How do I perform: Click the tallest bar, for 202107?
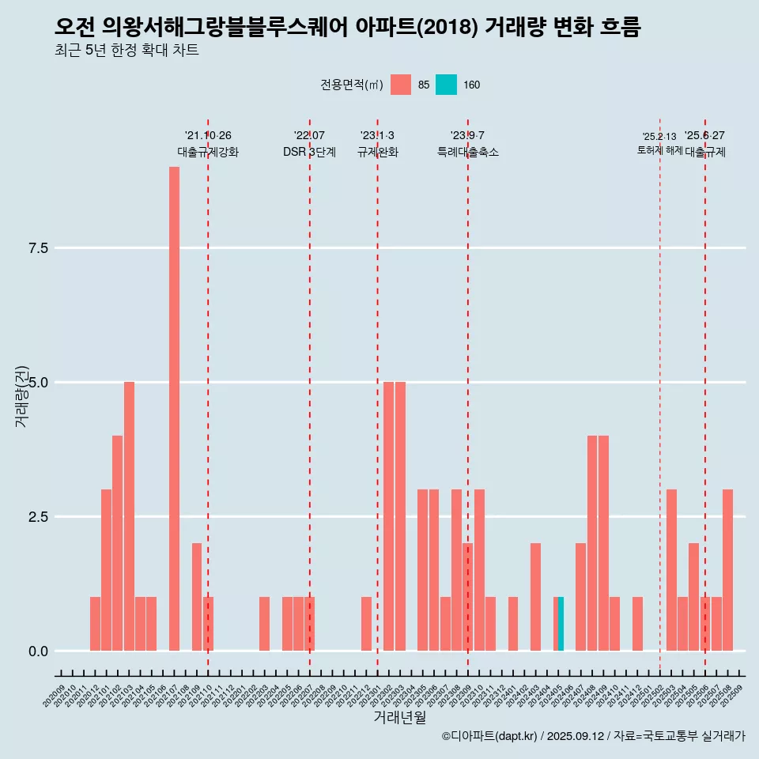174,408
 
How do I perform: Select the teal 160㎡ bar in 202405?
561,624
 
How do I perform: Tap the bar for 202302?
388,516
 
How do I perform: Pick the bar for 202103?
129,516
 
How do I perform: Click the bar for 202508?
727,570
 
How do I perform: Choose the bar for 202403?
535,597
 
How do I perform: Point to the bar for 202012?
95,624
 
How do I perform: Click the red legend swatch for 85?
401,85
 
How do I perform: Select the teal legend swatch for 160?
446,85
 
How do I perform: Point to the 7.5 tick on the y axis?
39,248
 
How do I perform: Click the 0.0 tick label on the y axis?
39,651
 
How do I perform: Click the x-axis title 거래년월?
399,718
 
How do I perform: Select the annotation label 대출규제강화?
208,152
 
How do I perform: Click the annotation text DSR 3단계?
309,152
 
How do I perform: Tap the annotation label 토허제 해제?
659,150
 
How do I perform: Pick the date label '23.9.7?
467,135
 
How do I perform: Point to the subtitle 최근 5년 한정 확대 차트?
126,51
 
